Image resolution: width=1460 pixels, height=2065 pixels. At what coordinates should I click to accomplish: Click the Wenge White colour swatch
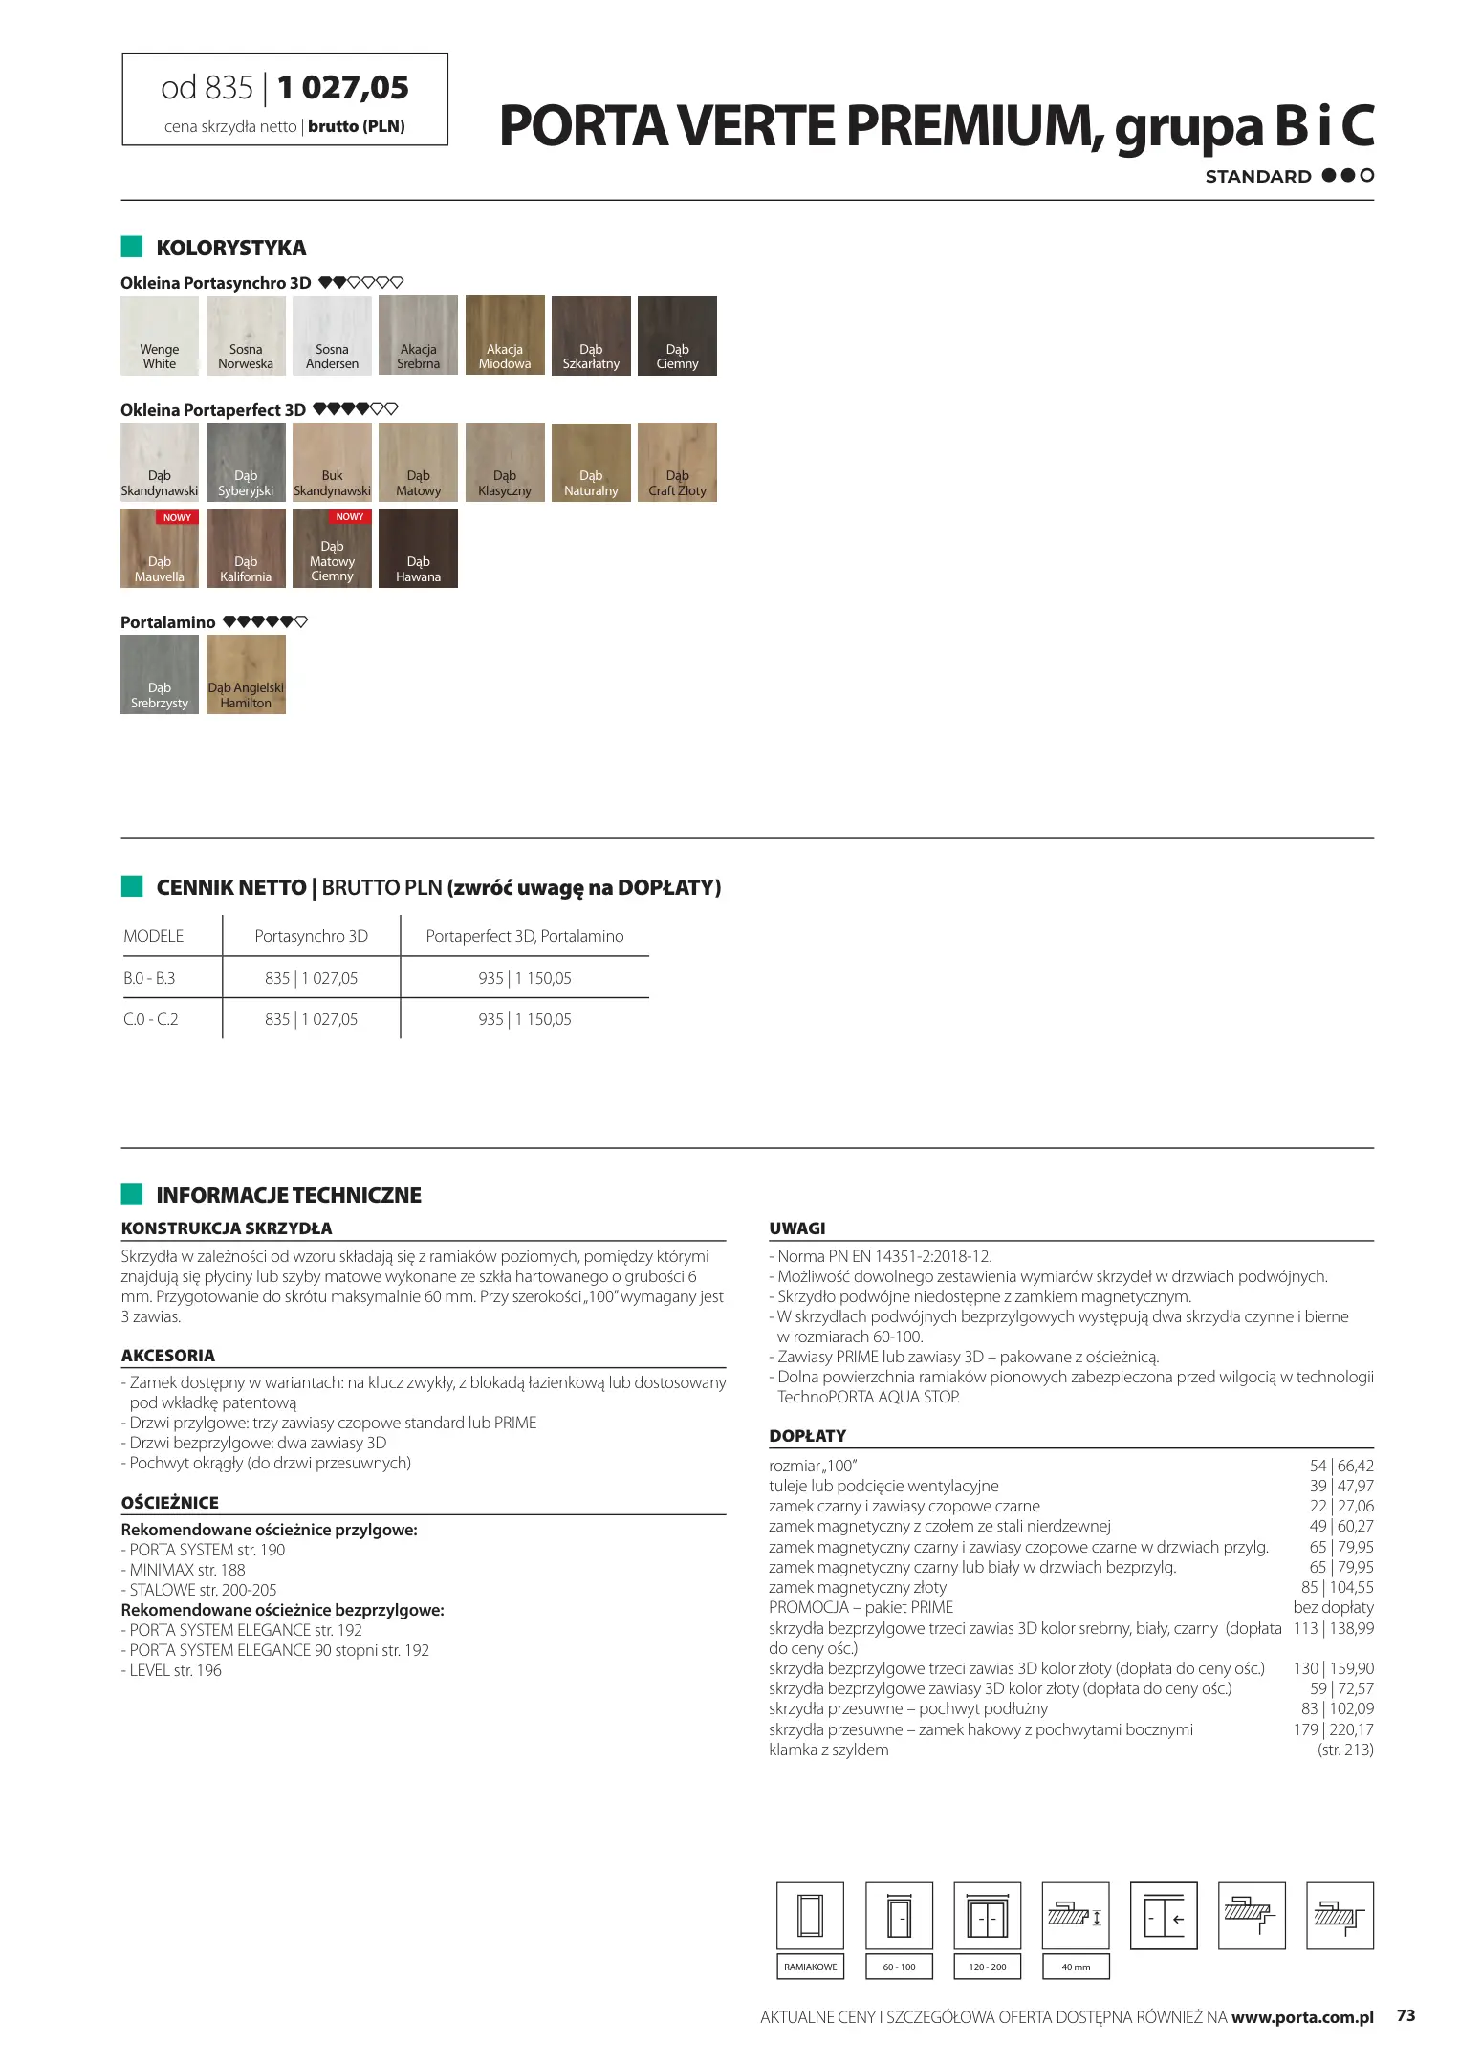tap(160, 336)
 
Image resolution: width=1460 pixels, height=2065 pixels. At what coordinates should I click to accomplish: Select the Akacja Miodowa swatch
tap(505, 336)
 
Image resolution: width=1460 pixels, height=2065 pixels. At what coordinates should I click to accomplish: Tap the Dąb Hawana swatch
tap(418, 548)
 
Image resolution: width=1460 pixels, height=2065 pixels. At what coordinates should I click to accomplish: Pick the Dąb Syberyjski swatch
tap(246, 462)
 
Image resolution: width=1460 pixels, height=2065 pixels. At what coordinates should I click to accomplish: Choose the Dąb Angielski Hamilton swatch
tap(246, 674)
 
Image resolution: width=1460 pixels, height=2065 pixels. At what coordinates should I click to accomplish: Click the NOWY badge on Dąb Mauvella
tap(177, 517)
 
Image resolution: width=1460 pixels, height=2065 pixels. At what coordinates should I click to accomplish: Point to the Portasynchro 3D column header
tap(311, 936)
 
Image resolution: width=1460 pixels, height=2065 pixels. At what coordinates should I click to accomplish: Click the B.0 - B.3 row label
tap(149, 978)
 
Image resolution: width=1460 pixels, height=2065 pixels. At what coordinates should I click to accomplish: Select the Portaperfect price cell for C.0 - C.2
tap(525, 1019)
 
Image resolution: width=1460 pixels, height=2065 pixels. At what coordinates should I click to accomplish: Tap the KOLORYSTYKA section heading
tap(230, 248)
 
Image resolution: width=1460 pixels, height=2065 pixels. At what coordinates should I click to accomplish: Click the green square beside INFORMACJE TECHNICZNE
tap(132, 1194)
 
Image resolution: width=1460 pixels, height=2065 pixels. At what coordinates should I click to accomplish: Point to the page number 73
tap(1406, 2015)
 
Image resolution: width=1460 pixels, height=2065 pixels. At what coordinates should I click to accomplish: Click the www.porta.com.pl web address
tap(1302, 2017)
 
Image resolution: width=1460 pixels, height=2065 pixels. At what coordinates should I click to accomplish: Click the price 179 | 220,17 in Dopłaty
tap(1333, 1729)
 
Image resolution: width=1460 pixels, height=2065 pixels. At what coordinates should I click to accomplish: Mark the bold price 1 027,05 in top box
tap(343, 88)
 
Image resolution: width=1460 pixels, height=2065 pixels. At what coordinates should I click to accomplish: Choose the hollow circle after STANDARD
tap(1367, 175)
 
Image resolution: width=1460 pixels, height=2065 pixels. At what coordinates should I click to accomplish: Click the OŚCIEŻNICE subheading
tap(170, 1502)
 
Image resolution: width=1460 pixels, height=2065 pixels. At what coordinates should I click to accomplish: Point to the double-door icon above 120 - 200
tap(988, 1916)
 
